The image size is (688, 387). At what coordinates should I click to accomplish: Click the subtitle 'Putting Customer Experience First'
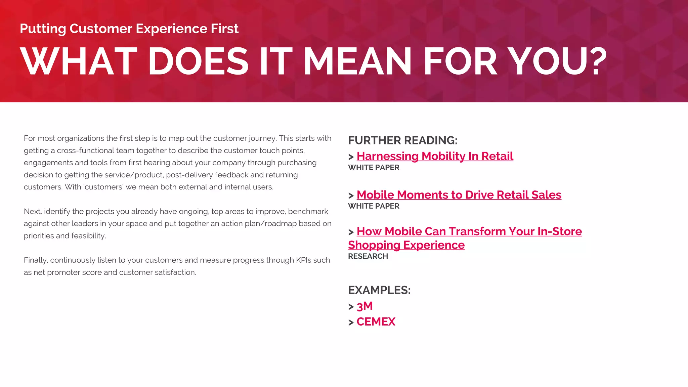pos(129,29)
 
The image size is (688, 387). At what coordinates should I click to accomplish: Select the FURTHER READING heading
pos(402,140)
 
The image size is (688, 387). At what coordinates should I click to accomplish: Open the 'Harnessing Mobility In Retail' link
pos(435,156)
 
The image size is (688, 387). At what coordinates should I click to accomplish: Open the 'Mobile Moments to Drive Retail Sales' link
pos(459,195)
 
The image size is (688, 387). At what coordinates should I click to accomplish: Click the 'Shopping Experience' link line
pos(406,245)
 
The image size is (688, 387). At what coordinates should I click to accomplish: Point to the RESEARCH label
pos(368,256)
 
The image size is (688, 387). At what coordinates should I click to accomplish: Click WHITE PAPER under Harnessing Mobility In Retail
pos(374,168)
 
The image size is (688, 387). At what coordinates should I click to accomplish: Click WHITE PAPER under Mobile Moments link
pos(374,206)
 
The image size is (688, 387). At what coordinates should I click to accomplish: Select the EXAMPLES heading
pos(379,290)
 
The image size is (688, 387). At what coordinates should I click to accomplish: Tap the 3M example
pos(364,306)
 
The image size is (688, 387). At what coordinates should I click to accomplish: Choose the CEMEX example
pos(376,322)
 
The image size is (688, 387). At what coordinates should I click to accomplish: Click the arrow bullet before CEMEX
pos(351,322)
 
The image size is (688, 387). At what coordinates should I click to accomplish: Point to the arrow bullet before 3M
pos(351,307)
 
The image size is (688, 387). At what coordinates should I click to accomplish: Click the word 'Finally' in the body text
pos(36,260)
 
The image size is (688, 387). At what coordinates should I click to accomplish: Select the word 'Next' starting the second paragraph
pos(32,212)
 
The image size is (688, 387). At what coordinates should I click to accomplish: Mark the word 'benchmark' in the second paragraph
pos(308,212)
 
